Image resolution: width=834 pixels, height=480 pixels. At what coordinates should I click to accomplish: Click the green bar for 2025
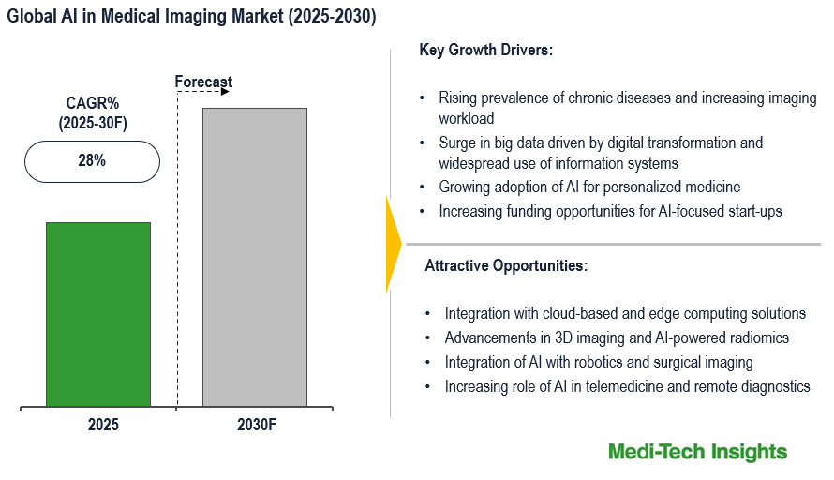(97, 314)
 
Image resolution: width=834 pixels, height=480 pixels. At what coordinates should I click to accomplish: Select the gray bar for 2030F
(254, 258)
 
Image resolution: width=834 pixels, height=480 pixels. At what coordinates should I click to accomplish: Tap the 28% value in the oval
(92, 160)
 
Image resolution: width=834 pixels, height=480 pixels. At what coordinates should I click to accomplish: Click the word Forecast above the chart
(203, 82)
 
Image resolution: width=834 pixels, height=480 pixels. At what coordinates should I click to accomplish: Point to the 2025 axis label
(103, 425)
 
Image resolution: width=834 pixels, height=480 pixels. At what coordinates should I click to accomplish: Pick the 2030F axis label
(257, 425)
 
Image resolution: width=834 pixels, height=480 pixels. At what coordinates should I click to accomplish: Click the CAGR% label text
(91, 103)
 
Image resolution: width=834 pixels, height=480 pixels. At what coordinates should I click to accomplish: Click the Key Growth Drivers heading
(485, 51)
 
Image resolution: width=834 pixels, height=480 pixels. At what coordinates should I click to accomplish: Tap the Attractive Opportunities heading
(506, 265)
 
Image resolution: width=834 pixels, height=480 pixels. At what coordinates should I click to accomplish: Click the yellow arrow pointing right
(393, 244)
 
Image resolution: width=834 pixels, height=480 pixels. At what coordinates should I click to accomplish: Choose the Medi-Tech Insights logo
(697, 452)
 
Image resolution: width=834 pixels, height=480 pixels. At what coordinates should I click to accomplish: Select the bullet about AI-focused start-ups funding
(610, 211)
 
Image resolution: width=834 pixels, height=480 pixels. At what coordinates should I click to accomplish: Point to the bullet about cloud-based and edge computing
(625, 313)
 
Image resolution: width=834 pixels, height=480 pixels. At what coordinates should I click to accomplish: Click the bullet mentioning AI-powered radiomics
(617, 337)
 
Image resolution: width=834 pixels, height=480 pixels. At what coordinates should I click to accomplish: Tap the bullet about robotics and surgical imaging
(599, 362)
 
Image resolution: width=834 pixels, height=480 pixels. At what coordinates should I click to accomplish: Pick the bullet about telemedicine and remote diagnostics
(627, 386)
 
